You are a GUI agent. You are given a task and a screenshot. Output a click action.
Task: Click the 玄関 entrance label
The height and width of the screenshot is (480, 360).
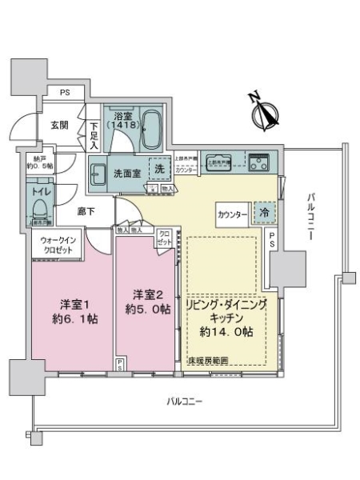60,125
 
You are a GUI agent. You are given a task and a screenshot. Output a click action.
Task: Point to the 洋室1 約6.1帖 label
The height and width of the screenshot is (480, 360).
72,311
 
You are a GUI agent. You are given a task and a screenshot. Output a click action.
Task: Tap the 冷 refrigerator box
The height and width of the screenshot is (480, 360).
263,214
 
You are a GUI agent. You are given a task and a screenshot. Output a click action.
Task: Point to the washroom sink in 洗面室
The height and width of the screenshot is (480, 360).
98,173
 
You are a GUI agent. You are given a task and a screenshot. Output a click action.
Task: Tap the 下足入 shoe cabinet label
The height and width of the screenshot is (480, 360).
94,134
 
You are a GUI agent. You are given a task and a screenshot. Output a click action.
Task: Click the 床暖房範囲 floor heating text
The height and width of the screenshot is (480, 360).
207,362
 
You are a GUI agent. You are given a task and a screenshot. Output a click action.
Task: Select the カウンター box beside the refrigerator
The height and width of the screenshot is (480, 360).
232,214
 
